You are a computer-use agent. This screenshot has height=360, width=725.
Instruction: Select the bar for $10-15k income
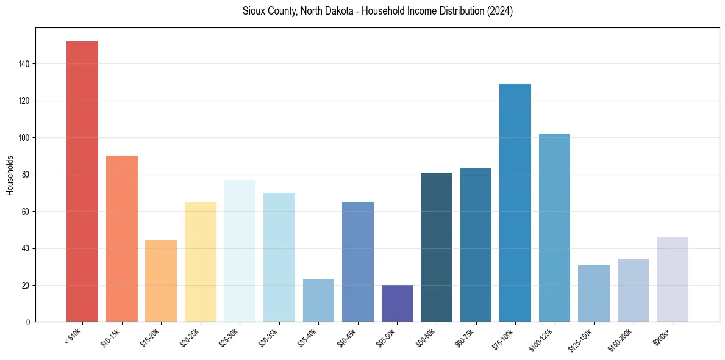122,239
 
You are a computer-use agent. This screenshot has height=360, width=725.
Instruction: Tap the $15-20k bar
161,281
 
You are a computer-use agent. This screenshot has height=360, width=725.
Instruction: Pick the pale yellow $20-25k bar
201,262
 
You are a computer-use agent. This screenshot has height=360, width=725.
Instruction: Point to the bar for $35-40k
318,300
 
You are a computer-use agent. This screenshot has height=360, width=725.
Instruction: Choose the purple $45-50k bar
397,303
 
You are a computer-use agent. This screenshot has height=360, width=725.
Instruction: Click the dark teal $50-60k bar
437,247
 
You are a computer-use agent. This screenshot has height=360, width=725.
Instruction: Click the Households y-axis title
10,175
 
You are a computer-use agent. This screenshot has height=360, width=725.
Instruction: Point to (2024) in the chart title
499,11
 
